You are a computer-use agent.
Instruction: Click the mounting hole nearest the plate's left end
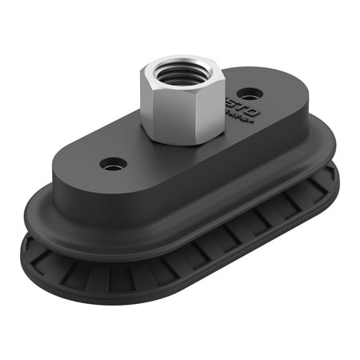point(112,164)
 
